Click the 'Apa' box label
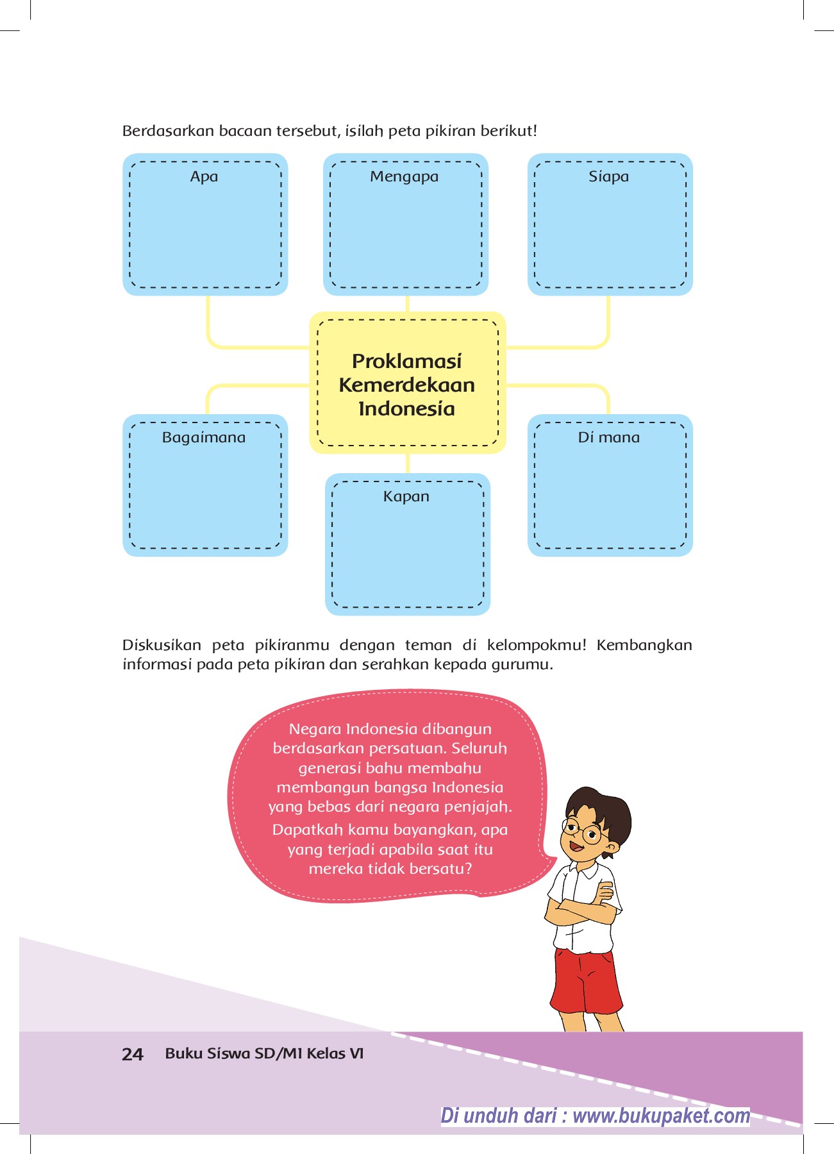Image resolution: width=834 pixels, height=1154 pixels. coord(204,176)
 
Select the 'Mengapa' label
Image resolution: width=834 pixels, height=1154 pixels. coord(404,176)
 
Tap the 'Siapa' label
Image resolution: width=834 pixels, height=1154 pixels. coord(608,176)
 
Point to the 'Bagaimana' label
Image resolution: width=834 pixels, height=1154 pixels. coord(204,437)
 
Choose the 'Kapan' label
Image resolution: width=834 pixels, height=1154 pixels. coord(406,496)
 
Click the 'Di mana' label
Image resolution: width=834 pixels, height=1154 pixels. coord(608,437)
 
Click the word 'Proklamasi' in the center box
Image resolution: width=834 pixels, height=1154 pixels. coord(406,361)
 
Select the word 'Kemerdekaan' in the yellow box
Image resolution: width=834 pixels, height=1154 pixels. coord(406,385)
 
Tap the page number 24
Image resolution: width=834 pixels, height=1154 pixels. coord(132,1054)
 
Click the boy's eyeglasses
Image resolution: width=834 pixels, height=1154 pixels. coord(582,831)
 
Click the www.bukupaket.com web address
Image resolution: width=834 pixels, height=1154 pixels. coord(661,1116)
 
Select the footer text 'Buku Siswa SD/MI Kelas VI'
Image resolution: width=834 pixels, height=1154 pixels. coord(264,1053)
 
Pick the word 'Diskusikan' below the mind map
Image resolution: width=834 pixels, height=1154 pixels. coord(162,645)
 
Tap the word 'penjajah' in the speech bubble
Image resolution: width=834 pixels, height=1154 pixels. coord(481,807)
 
